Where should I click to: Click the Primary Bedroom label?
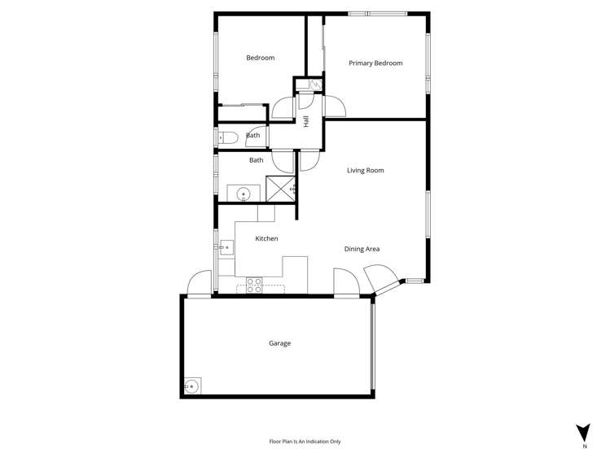(x=375, y=63)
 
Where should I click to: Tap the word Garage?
(x=279, y=343)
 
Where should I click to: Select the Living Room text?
(x=365, y=171)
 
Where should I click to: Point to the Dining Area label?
(x=362, y=249)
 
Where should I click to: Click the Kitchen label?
(x=266, y=238)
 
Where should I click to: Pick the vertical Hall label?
(x=306, y=121)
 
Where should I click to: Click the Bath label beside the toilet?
(x=252, y=136)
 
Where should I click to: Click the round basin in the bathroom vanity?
(x=243, y=194)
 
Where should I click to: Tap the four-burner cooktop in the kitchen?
(x=255, y=285)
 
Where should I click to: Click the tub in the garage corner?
(x=192, y=386)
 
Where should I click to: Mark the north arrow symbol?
(x=583, y=433)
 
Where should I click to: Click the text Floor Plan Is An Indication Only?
(x=305, y=442)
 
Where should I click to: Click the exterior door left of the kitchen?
(x=199, y=284)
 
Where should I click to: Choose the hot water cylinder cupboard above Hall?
(x=309, y=84)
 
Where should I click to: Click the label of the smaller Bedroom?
(x=261, y=58)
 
